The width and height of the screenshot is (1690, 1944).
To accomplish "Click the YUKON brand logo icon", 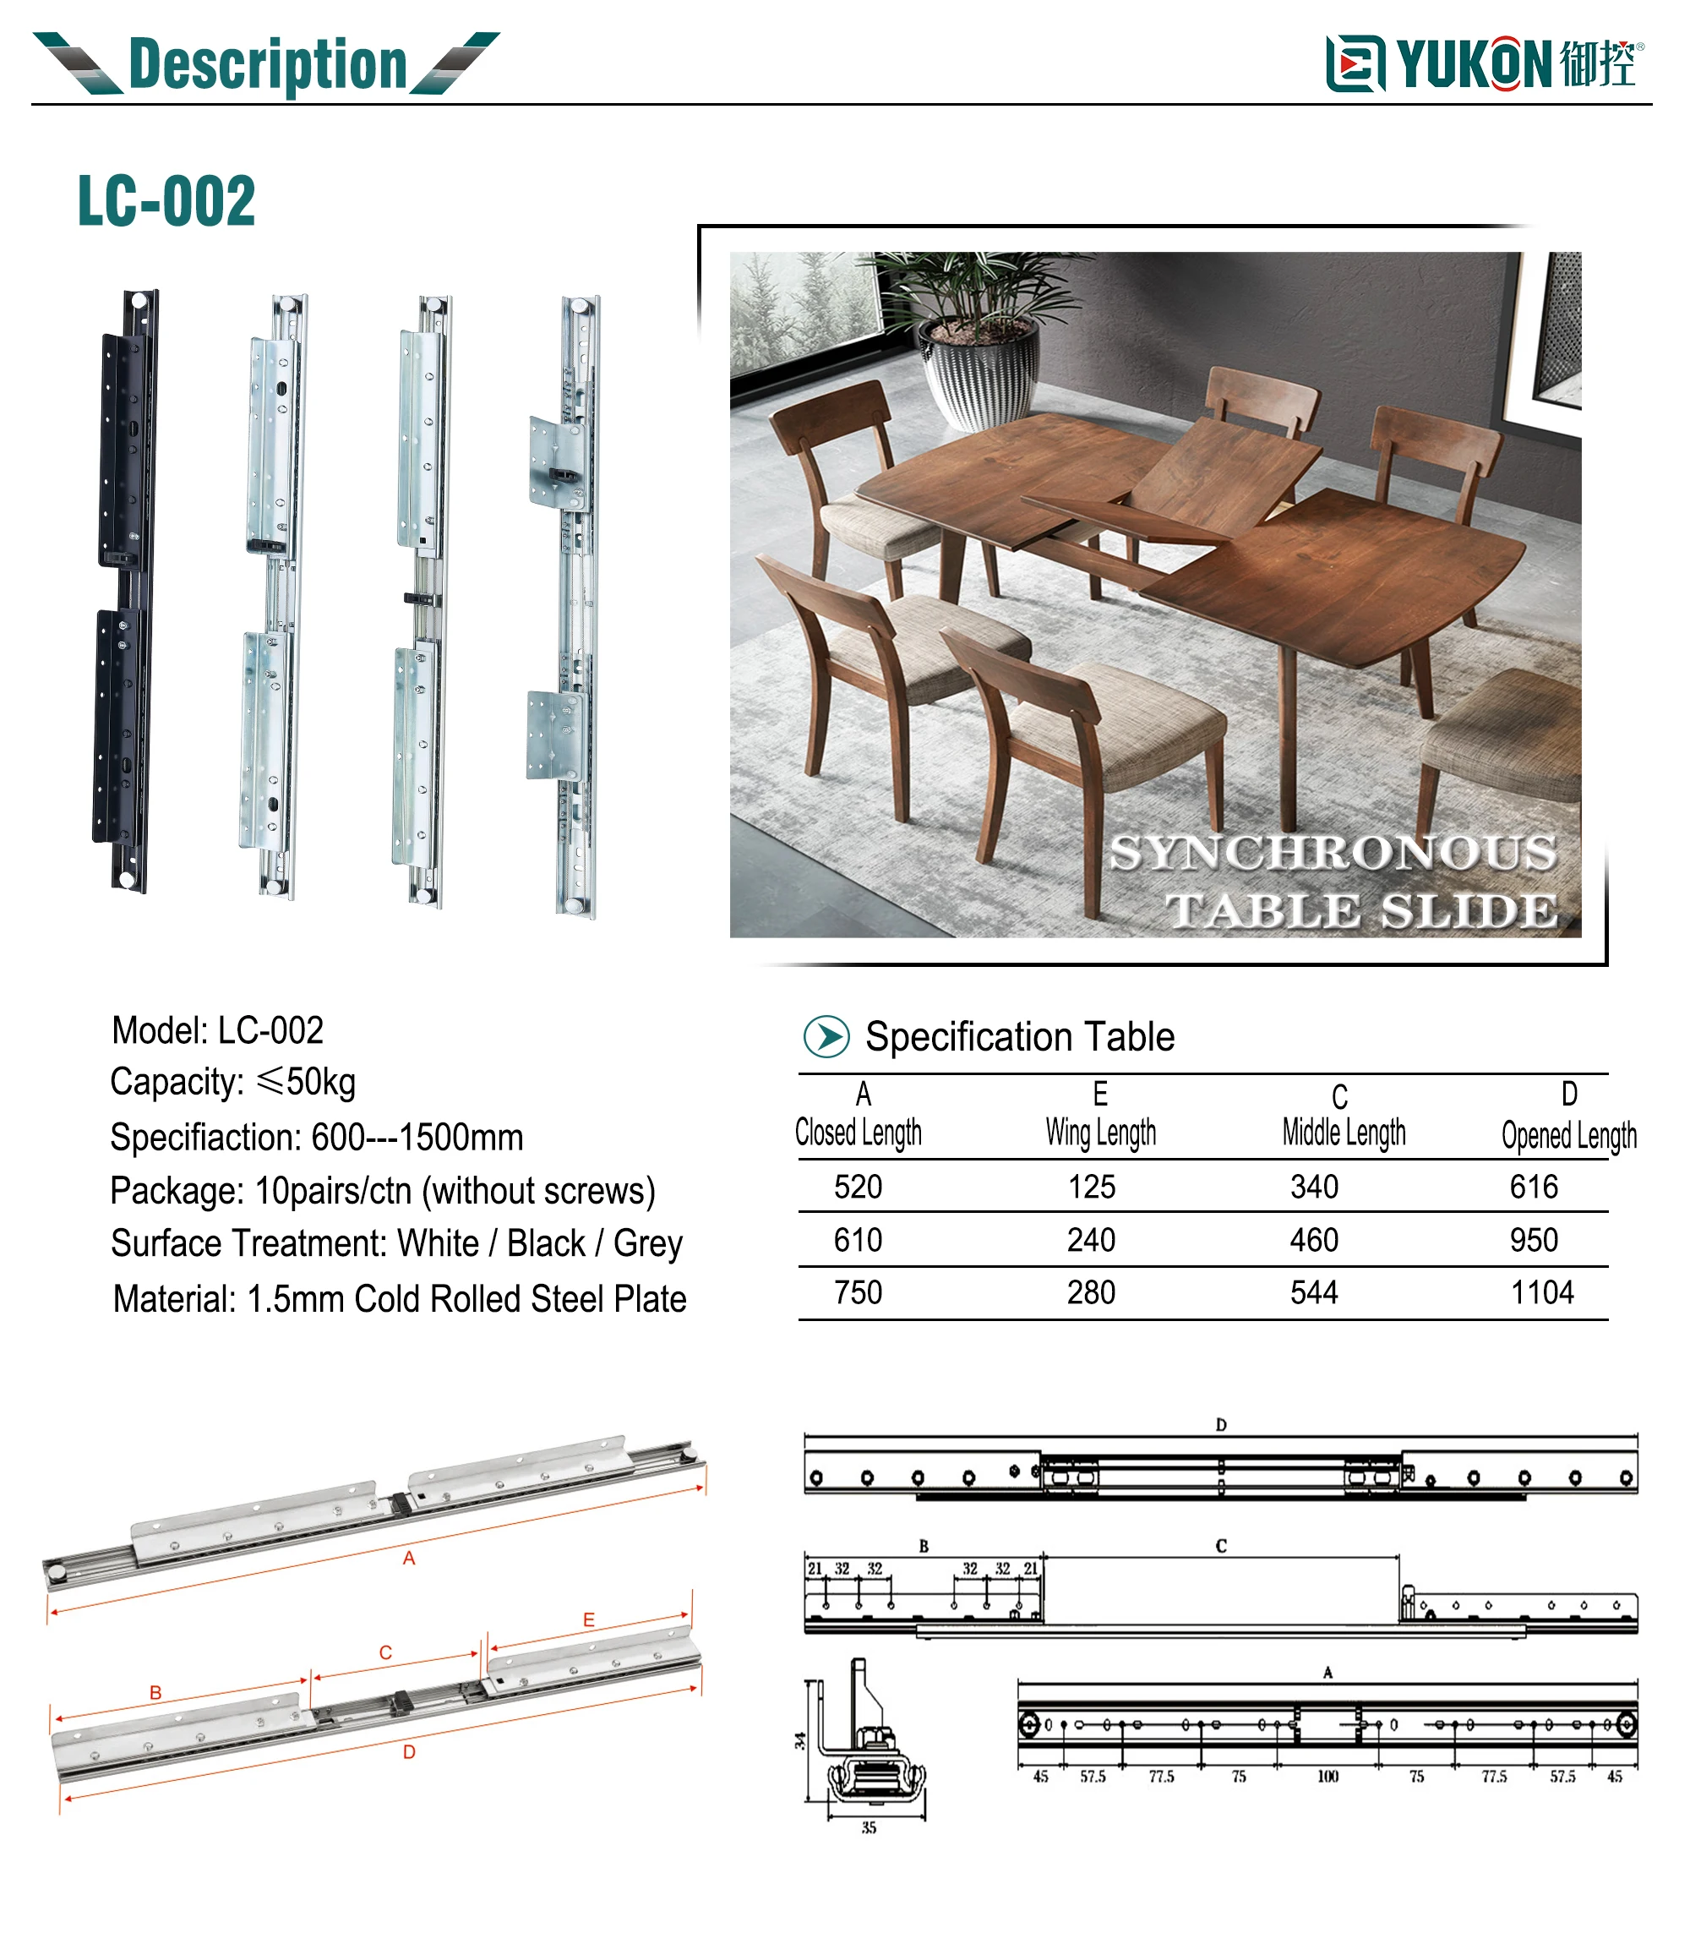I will pos(1355,64).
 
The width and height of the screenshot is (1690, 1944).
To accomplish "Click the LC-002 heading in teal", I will pos(166,201).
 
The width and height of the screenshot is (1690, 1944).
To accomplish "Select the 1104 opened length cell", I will pos(1542,1292).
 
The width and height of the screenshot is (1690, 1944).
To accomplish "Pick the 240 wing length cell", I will pos(1091,1239).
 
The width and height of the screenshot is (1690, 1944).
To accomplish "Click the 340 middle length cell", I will pos(1314,1187).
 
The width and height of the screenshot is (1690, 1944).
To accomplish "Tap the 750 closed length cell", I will pos(858,1292).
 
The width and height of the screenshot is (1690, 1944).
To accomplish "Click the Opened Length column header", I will pos(1568,1136).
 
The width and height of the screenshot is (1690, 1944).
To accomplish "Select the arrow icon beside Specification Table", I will pos(826,1035).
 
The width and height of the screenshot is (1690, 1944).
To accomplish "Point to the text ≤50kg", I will pos(306,1081).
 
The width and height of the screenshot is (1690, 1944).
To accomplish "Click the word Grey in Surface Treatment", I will pos(648,1243).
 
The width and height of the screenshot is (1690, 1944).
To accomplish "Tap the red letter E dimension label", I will pos(588,1619).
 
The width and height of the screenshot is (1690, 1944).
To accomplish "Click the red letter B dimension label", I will pos(155,1692).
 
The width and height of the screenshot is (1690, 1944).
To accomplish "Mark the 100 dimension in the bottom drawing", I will pos(1327,1776).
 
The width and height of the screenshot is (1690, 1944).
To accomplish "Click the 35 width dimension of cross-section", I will pos(869,1827).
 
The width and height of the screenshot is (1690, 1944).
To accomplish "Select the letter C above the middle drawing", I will pos(1220,1546).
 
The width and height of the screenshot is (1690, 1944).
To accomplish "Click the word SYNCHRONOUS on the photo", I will pos(1332,853).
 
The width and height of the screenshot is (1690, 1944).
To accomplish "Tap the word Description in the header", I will pos(267,64).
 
